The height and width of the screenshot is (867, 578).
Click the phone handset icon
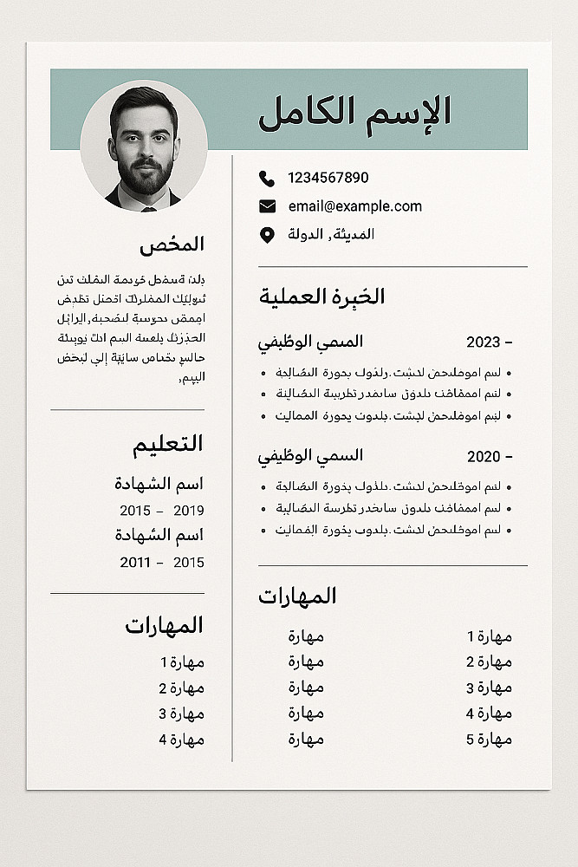point(266,179)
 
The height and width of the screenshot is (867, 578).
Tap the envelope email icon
point(267,206)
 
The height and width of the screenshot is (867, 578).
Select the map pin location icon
point(267,235)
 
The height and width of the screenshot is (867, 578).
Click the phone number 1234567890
point(328,178)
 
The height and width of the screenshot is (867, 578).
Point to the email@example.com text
point(355,206)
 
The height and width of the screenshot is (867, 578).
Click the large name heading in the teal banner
point(354,112)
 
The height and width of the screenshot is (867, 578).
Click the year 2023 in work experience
point(484,342)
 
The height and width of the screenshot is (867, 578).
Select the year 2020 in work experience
point(484,457)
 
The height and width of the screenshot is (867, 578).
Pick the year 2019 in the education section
point(189,511)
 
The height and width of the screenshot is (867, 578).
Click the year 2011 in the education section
point(135,563)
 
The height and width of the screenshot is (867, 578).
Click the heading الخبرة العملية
point(322,297)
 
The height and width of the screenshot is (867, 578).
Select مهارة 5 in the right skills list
point(489,740)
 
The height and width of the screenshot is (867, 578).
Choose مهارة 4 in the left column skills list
point(181,740)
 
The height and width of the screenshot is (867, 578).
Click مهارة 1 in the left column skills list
point(181,662)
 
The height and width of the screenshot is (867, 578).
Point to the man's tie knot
point(148,207)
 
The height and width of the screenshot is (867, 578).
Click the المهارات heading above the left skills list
point(164,625)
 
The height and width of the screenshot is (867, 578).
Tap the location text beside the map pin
point(331,235)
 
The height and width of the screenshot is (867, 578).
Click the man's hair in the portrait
point(143,102)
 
